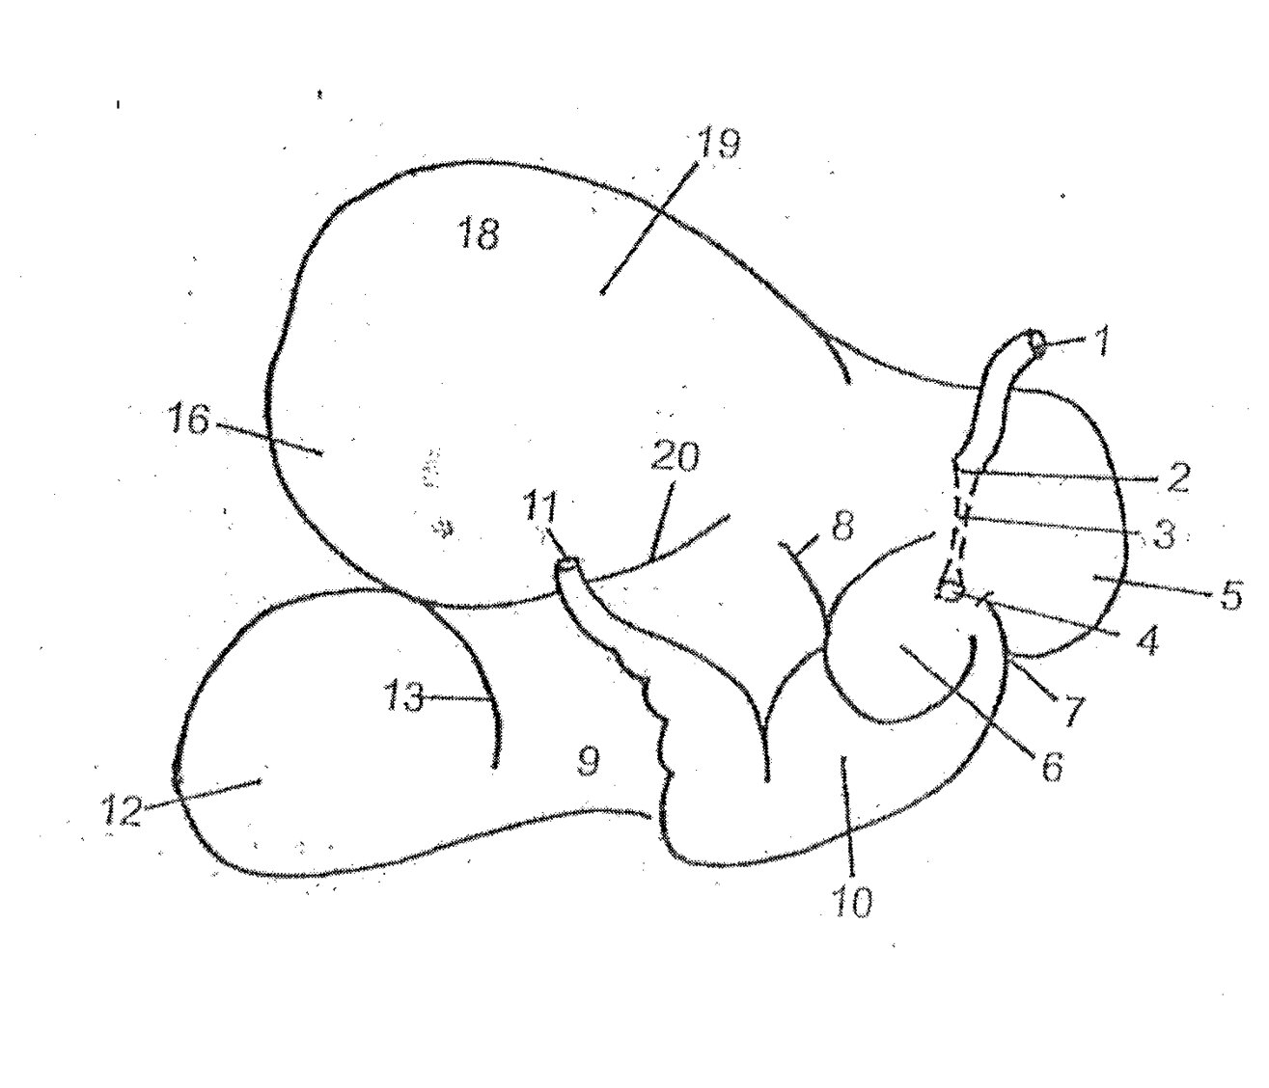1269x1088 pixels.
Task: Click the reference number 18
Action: tap(480, 233)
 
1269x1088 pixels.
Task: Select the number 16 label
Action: tap(189, 420)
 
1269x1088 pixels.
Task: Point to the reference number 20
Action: tap(675, 457)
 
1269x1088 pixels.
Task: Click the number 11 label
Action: tap(539, 507)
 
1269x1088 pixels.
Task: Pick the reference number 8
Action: tap(841, 526)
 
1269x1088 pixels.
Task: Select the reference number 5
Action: tap(1231, 594)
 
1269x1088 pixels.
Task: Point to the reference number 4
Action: tap(1146, 640)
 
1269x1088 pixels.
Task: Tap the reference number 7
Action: tap(1069, 710)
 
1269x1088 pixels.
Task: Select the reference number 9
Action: tap(588, 762)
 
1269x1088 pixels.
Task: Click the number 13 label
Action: tap(403, 697)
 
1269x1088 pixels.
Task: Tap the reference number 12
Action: tap(123, 811)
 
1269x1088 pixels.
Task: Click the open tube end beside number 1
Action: tap(1038, 342)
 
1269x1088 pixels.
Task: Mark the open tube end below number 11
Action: tap(566, 566)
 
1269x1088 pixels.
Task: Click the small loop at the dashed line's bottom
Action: tap(950, 590)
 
